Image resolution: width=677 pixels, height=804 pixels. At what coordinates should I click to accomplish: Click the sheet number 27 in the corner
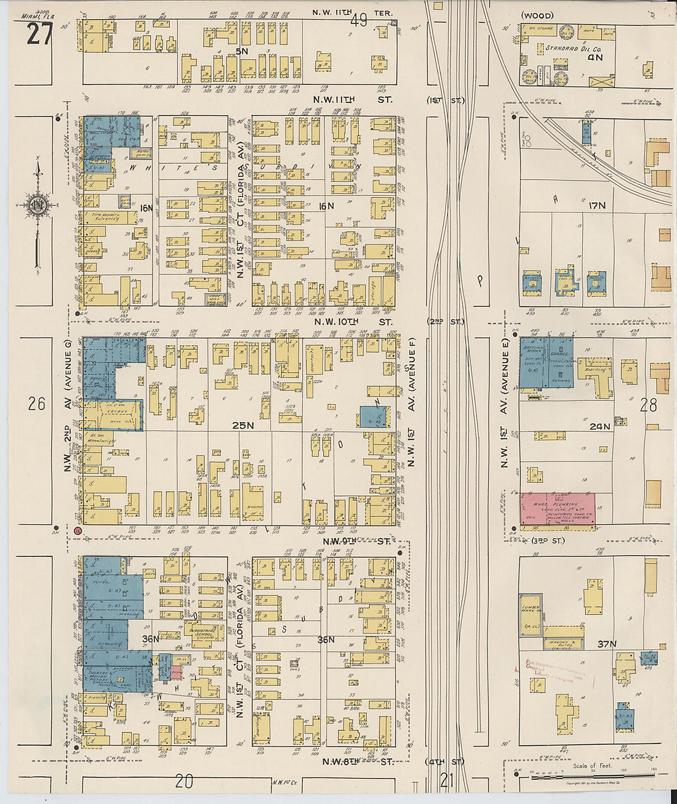(x=38, y=35)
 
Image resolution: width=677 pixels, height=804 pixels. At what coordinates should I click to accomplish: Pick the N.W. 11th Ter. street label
(x=352, y=12)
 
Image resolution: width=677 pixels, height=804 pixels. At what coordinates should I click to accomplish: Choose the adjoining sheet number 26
(x=36, y=404)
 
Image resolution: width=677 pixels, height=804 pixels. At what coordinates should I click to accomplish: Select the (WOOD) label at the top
(x=537, y=15)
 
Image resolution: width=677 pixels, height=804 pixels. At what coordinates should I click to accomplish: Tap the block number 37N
(x=606, y=644)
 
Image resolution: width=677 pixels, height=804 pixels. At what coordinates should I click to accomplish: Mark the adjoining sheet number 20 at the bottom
(x=183, y=782)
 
